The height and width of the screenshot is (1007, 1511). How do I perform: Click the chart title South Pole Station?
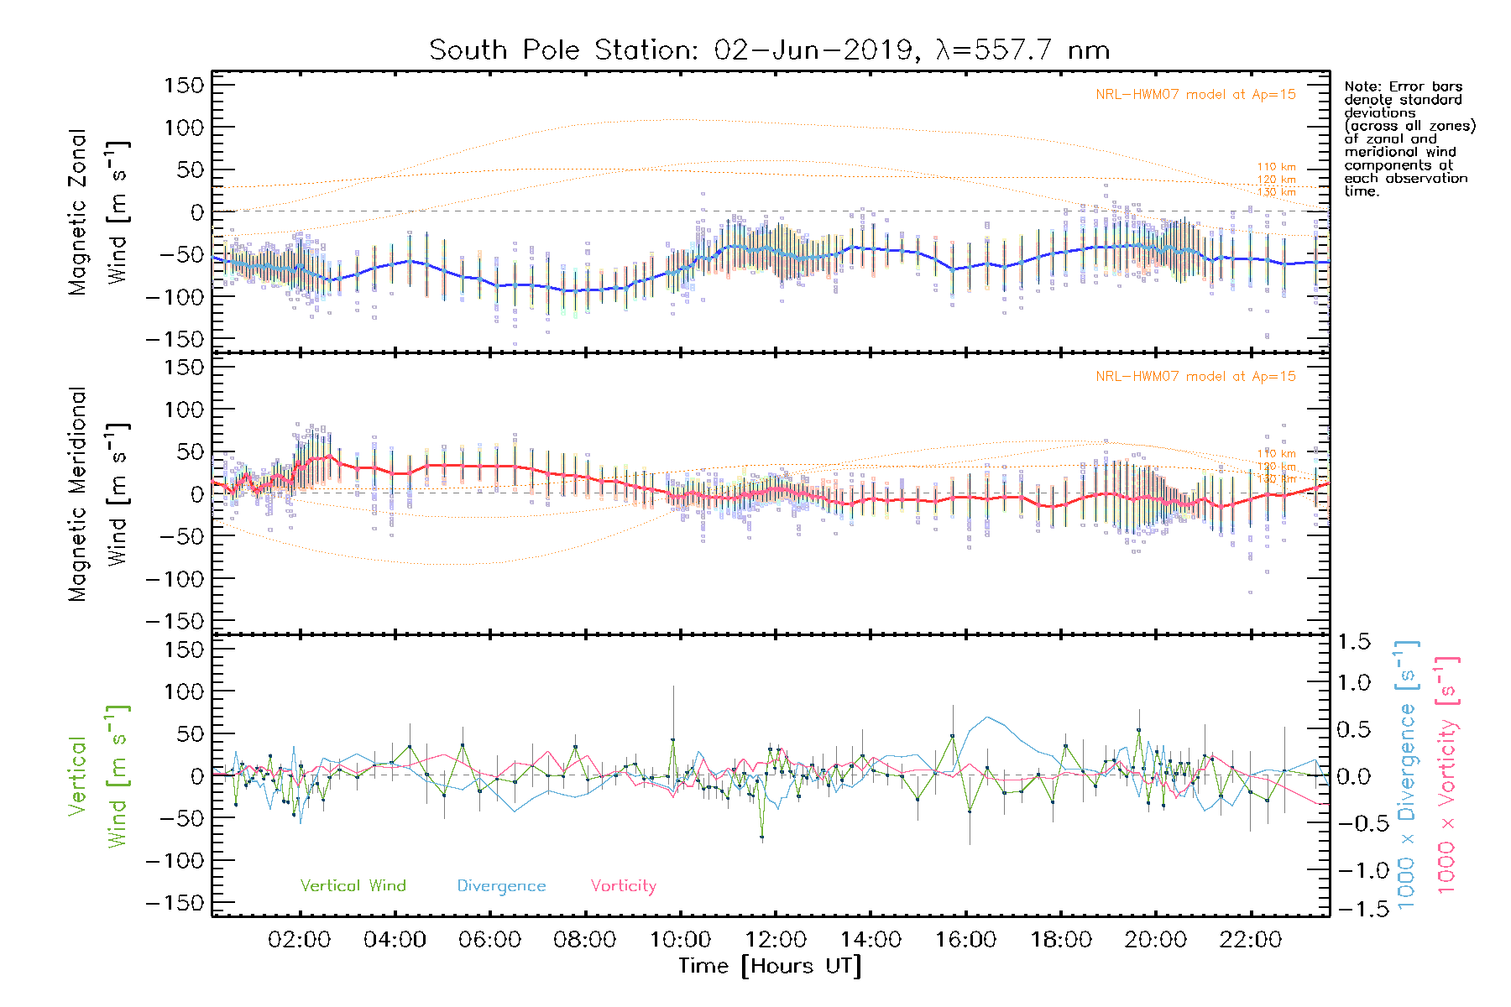769,50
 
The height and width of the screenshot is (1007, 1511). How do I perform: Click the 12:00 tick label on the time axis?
776,940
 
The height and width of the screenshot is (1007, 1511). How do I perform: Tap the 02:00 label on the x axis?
300,940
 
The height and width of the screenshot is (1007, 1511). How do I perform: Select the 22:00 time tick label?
1251,940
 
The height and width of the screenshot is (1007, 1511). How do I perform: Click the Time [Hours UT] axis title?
770,966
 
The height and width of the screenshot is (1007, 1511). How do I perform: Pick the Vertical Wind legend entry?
353,886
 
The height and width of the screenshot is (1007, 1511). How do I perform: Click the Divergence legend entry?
501,886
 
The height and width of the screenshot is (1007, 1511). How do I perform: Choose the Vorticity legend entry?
623,886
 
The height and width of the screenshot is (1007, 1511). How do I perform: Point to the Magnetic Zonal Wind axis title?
97,211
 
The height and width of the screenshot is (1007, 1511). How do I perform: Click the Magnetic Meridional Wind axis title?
97,494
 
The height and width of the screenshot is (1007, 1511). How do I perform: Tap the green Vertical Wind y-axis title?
97,776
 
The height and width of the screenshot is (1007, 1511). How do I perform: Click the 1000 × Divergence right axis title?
1407,775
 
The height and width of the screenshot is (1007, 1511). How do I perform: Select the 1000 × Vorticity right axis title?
1447,775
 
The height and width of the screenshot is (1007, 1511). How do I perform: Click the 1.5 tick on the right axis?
1353,642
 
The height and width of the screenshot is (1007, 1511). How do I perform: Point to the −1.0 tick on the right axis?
1353,870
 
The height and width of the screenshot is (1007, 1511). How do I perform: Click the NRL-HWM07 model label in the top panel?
1195,95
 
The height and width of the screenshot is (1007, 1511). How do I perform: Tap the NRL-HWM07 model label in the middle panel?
1195,377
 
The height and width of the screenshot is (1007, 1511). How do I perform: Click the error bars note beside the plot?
1409,138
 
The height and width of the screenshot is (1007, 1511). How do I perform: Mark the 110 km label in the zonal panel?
1276,167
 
